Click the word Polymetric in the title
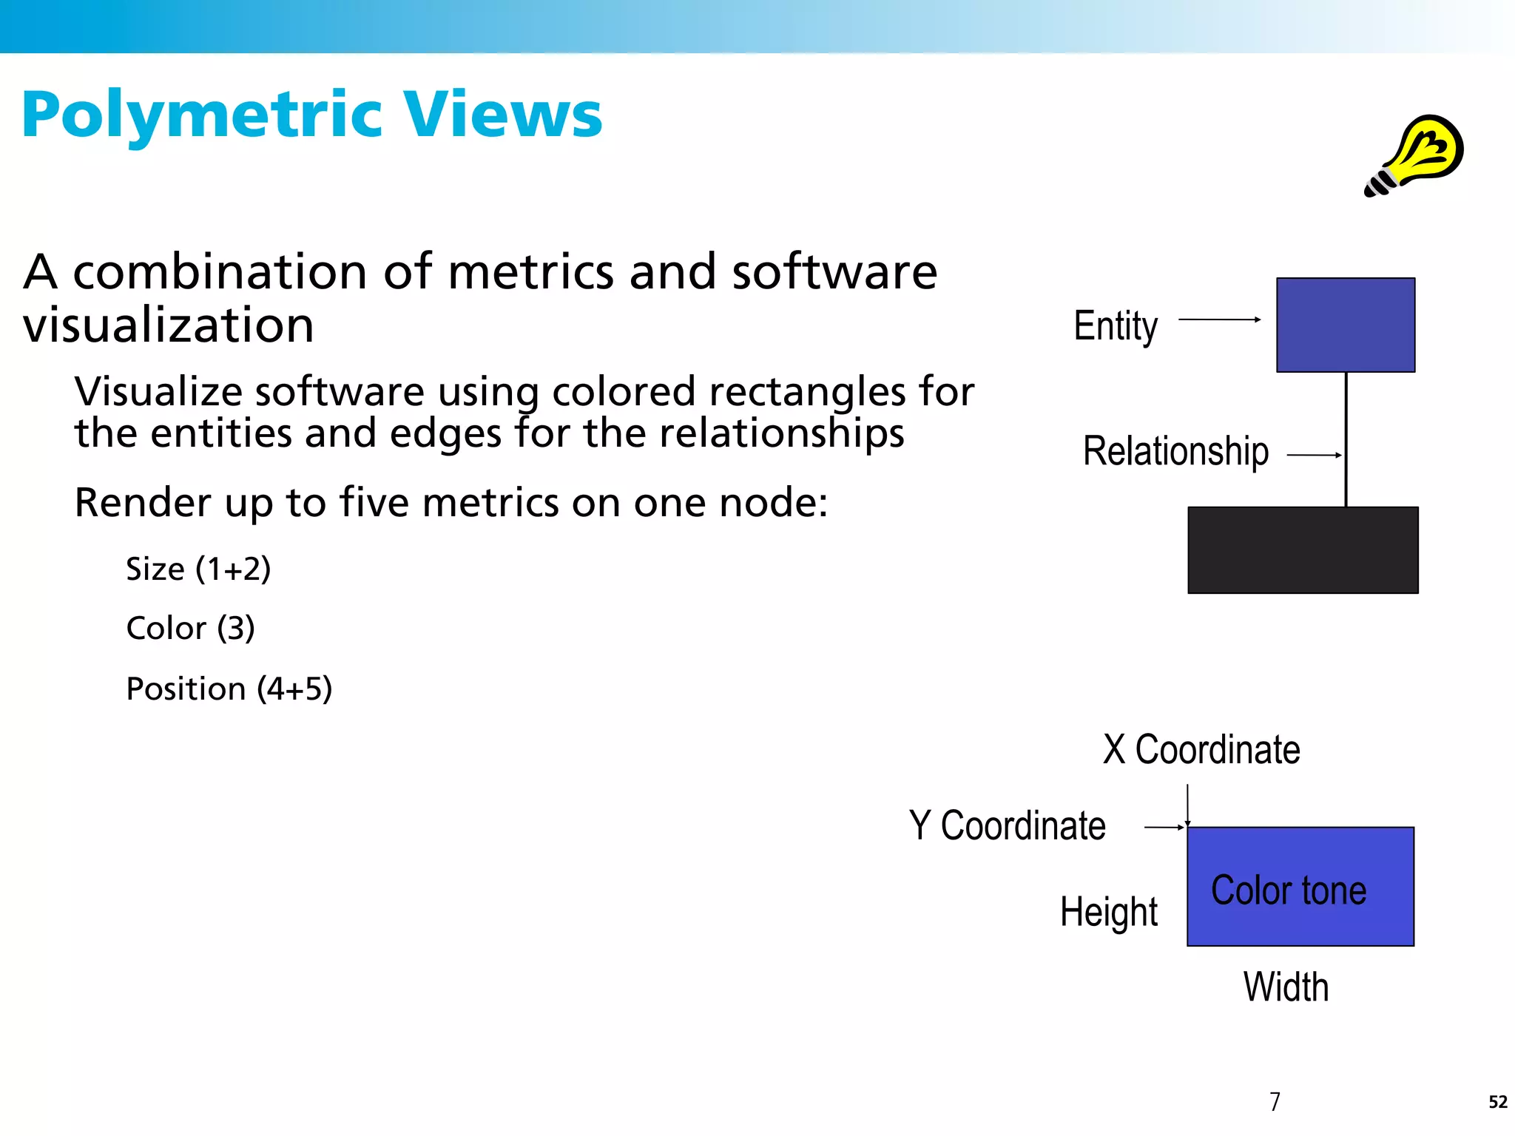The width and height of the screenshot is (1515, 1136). click(201, 116)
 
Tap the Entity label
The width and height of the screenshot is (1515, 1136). click(1116, 325)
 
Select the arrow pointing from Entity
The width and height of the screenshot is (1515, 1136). click(1219, 319)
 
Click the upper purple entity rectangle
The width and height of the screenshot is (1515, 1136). click(1346, 325)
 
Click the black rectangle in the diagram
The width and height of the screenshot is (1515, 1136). click(1303, 550)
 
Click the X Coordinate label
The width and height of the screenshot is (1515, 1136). click(1201, 749)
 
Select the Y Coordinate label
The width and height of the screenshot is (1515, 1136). click(1007, 825)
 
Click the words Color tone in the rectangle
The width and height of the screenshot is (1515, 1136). click(1289, 890)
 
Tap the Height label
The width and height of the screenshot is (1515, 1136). click(1108, 911)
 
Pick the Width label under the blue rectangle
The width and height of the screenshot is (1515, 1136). click(1286, 987)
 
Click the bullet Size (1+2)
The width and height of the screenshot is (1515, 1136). click(198, 569)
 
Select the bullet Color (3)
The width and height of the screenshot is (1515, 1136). click(190, 628)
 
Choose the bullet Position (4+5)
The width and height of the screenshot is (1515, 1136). click(229, 689)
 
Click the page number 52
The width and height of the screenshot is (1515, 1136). click(1497, 1102)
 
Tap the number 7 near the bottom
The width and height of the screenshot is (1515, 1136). click(1275, 1101)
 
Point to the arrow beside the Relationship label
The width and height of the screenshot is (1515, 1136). click(1314, 455)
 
